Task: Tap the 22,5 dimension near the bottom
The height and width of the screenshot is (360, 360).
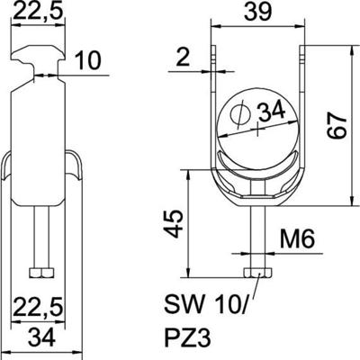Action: click(31, 309)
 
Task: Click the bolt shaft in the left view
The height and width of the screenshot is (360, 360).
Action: click(40, 238)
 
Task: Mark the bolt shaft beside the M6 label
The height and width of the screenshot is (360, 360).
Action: click(258, 238)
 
